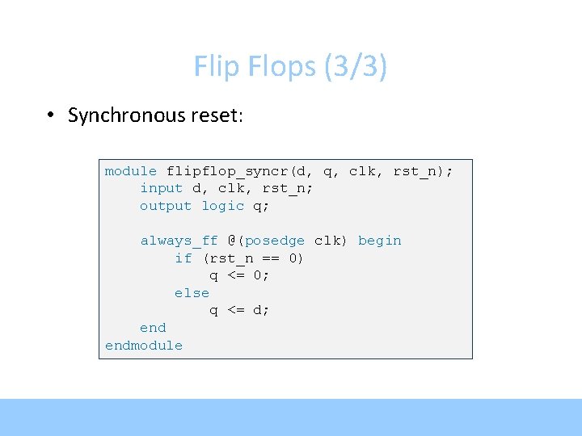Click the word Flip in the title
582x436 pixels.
point(213,67)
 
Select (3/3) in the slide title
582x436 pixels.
point(355,67)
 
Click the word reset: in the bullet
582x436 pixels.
point(217,115)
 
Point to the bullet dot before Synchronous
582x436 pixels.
point(50,115)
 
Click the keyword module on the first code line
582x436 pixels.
point(131,171)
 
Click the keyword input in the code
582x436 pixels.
point(162,188)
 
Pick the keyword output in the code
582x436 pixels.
point(166,206)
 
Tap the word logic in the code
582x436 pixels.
point(222,206)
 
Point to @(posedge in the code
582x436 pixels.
point(266,241)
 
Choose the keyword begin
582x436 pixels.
point(380,241)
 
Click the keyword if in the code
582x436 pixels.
point(183,258)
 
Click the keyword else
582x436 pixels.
point(192,293)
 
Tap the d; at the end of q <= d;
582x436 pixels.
point(261,310)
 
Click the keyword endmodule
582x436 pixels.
point(144,346)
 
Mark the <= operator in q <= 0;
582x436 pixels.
point(236,275)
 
